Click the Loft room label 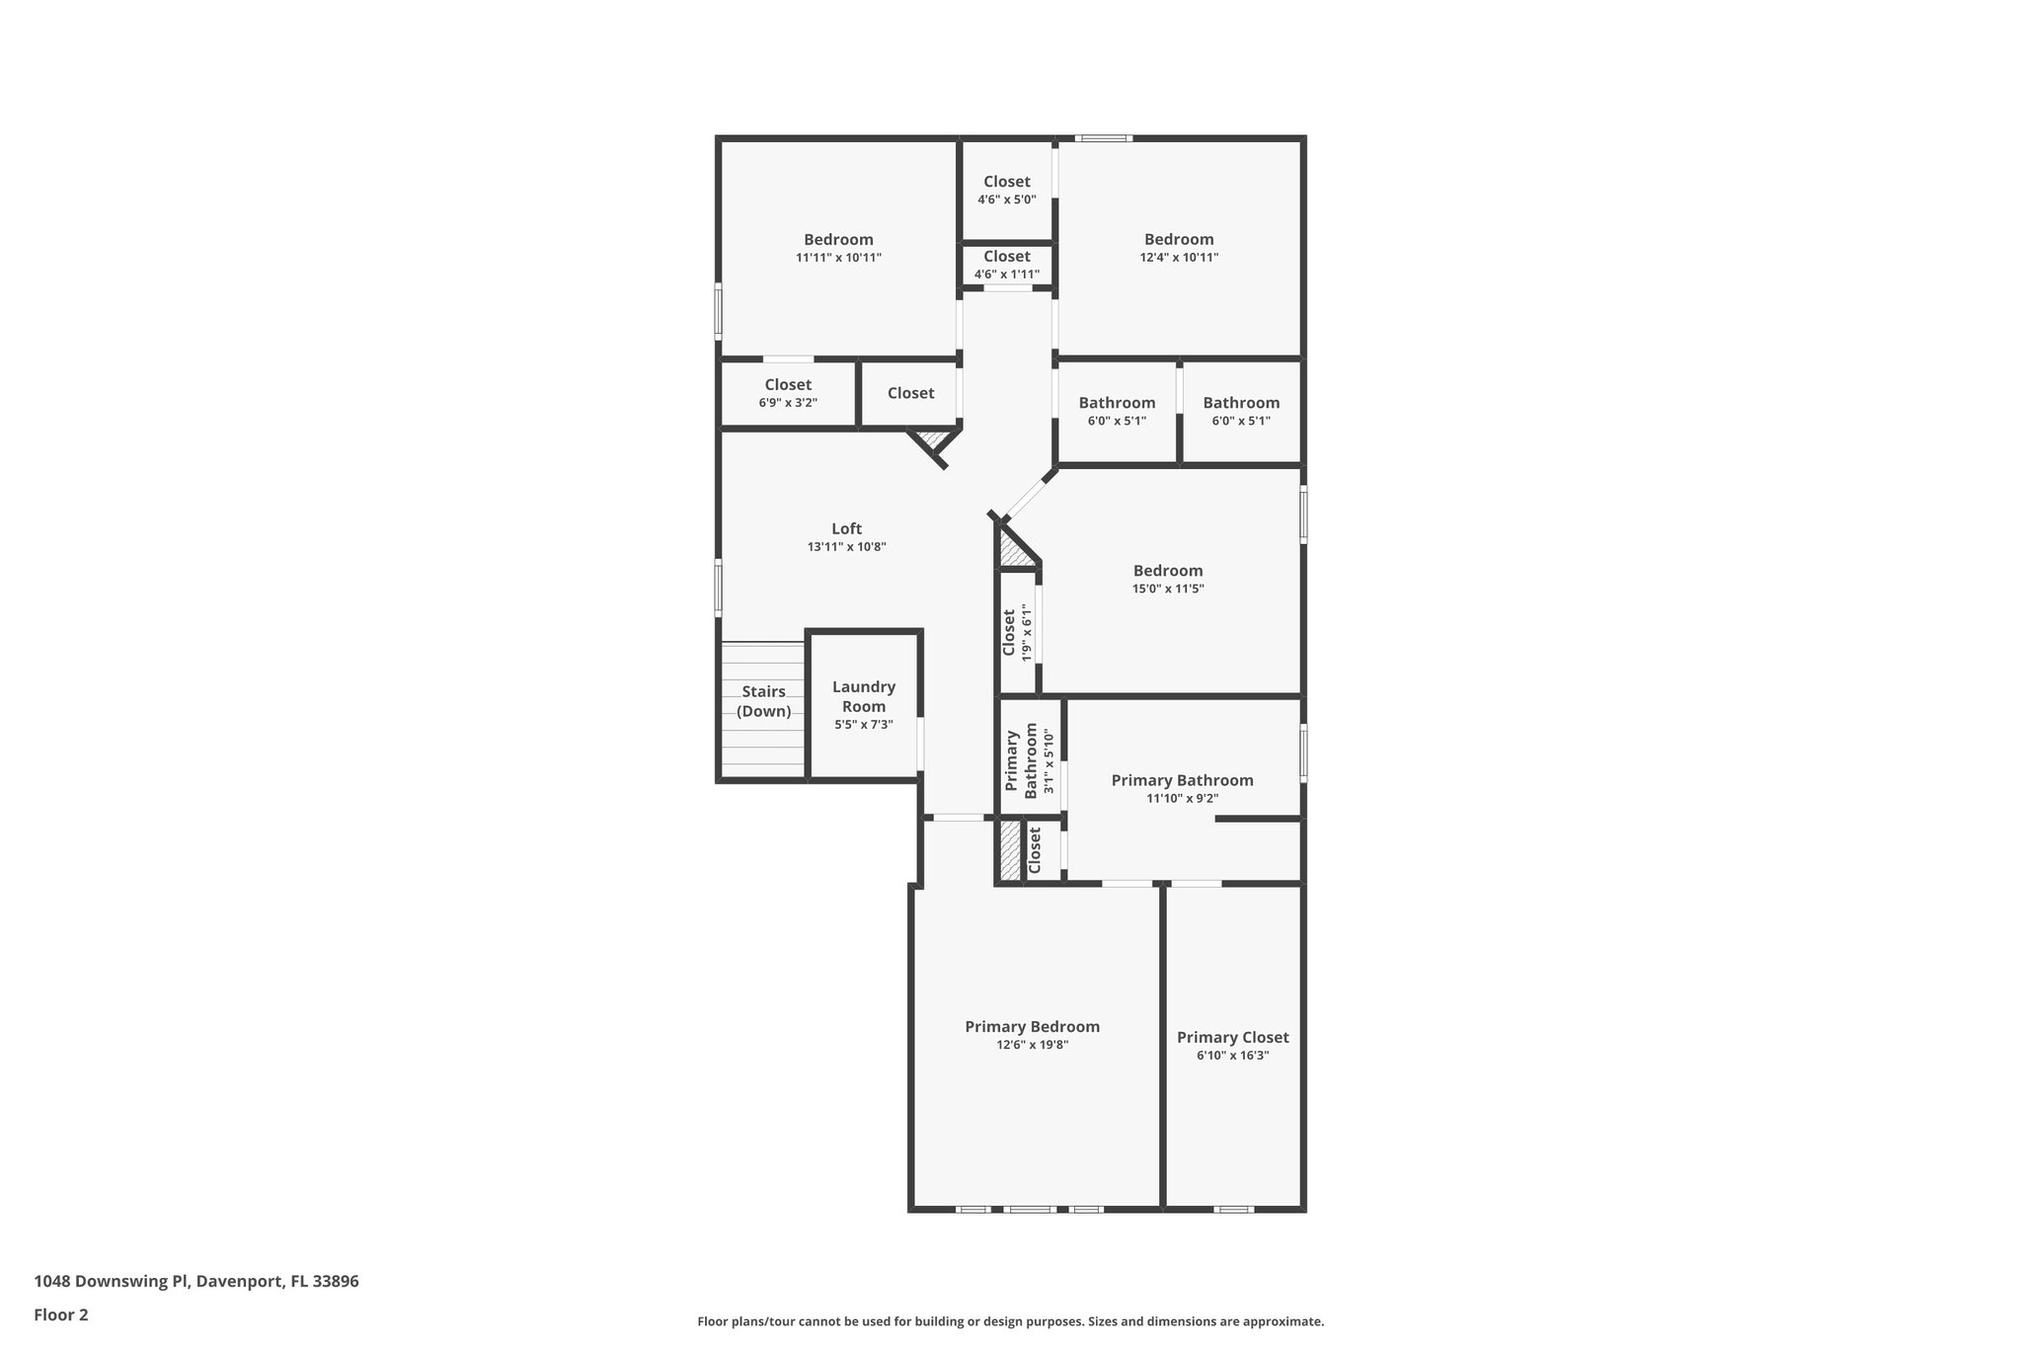pos(846,528)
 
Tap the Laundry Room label pos(863,696)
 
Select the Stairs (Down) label pos(763,701)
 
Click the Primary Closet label pos(1232,1037)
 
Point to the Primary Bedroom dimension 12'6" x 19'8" pos(1032,1045)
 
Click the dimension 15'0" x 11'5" pos(1168,589)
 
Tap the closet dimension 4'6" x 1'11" pos(1006,275)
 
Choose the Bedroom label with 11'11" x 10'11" pos(838,239)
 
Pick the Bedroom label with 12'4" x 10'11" pos(1179,239)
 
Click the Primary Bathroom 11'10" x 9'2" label pos(1182,780)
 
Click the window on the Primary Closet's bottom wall pos(1232,1209)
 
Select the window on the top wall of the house pos(1103,138)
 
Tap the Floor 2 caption pos(61,1314)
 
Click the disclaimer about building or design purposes pos(1010,1321)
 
